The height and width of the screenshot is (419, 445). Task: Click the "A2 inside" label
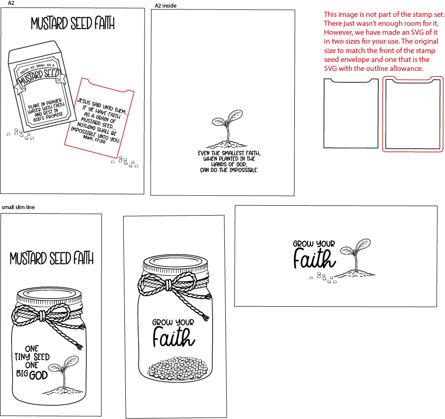(x=165, y=6)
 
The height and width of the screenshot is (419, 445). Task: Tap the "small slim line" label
(x=18, y=207)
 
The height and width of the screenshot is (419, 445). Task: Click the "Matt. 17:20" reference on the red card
(x=94, y=139)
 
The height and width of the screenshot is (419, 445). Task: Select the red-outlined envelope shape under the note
(x=413, y=114)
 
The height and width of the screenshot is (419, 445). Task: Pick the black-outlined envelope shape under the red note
(x=351, y=113)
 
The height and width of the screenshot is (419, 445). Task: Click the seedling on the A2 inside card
(x=227, y=129)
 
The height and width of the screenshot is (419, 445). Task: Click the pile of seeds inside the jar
(x=176, y=368)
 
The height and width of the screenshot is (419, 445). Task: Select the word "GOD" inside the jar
(x=38, y=375)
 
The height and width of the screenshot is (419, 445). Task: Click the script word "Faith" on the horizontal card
(x=314, y=258)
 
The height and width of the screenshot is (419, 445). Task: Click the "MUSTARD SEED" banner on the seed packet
(x=40, y=78)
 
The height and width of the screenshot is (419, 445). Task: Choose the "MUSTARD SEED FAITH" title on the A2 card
(x=73, y=23)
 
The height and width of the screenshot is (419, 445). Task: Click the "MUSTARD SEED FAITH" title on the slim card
(x=52, y=258)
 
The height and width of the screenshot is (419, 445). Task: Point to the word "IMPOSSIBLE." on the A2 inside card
(x=244, y=170)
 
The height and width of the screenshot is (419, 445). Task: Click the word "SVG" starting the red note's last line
(x=330, y=69)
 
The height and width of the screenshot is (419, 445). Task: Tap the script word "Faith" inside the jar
(x=174, y=337)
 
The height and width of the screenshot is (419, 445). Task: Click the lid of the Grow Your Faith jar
(x=176, y=264)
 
